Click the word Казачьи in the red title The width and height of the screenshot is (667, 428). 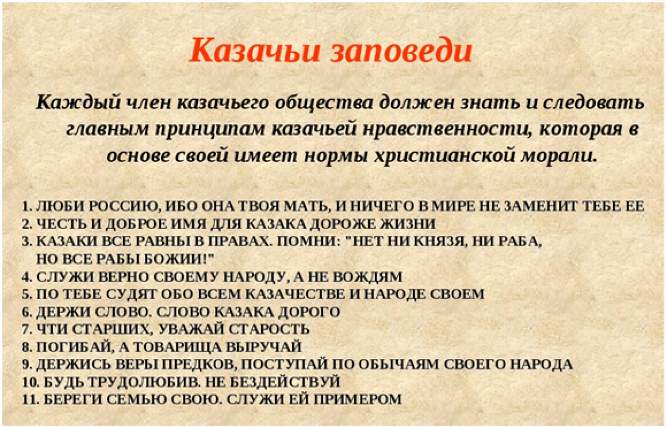pyautogui.click(x=255, y=50)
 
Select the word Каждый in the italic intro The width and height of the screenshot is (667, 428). pyautogui.click(x=78, y=103)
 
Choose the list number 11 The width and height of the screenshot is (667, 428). pyautogui.click(x=30, y=399)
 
